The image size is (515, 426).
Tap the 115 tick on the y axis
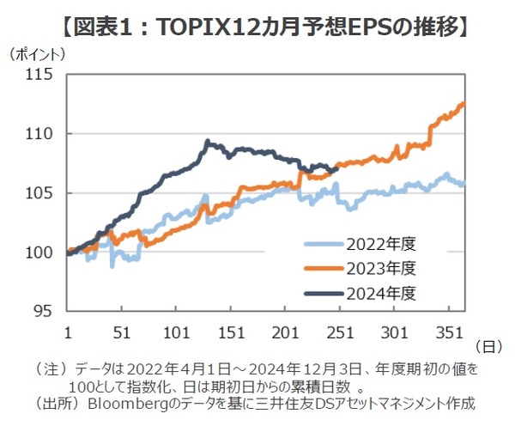(x=40, y=76)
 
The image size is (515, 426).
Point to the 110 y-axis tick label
(x=40, y=135)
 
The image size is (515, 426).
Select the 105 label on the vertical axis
(x=40, y=193)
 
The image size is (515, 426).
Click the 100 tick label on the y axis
(x=40, y=253)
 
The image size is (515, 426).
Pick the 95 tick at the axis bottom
(x=44, y=311)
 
